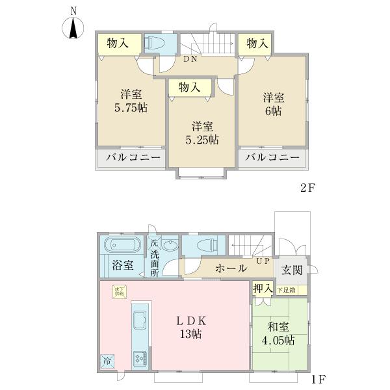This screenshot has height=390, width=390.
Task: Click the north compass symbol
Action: [x=73, y=27]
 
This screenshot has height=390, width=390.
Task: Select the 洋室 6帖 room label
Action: [x=272, y=104]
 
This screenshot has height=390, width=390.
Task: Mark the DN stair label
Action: [x=190, y=60]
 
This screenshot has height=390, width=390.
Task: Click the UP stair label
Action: [x=264, y=261]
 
